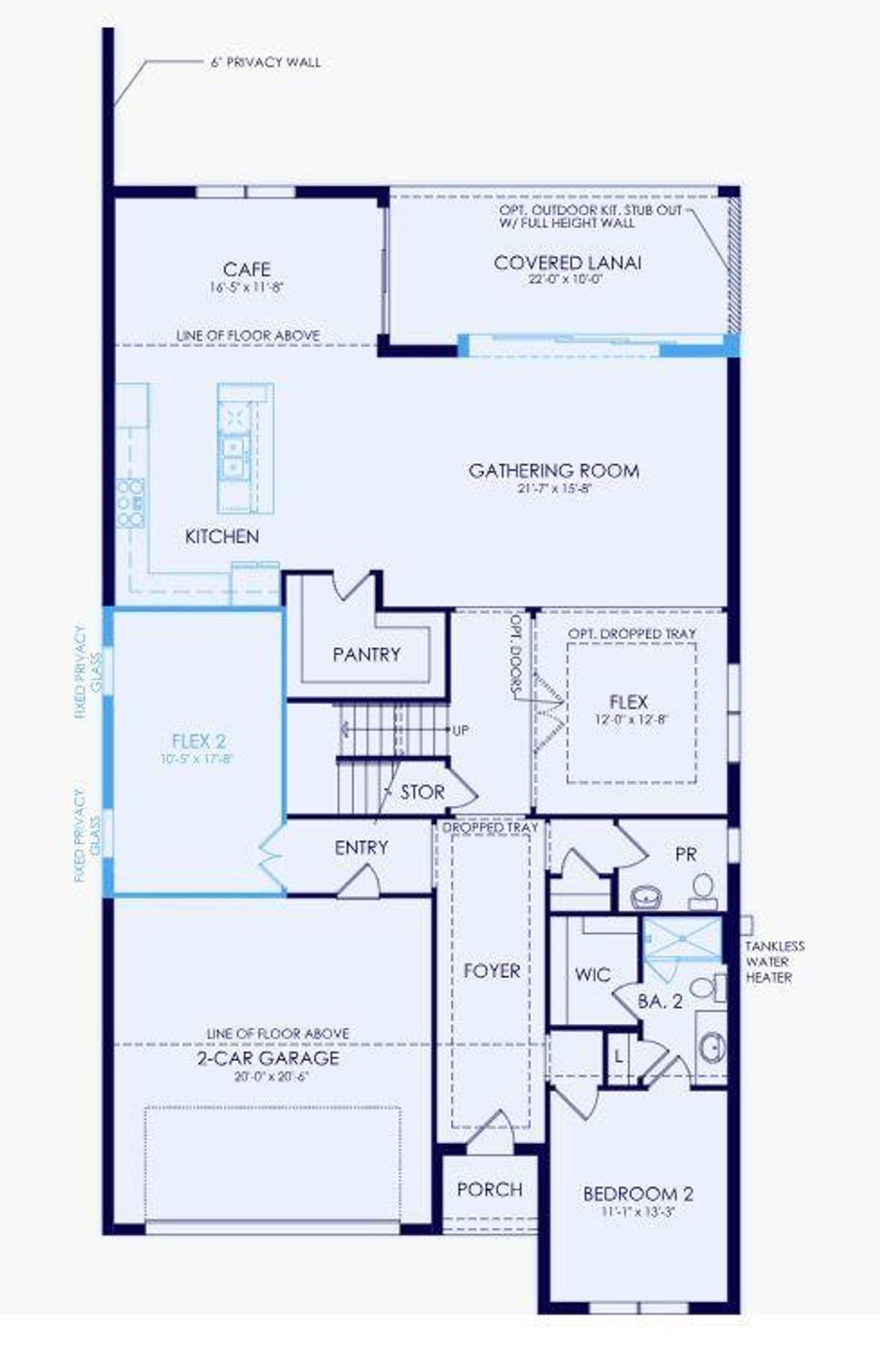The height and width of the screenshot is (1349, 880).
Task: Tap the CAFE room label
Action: [247, 270]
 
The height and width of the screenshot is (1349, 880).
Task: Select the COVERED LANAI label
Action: [567, 263]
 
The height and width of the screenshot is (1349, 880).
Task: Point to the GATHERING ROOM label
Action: [553, 471]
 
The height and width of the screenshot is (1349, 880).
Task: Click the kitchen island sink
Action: [233, 456]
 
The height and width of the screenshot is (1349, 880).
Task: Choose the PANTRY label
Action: [366, 655]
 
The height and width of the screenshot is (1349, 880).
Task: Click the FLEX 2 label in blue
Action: [199, 741]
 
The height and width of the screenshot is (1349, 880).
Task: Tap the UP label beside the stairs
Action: [461, 730]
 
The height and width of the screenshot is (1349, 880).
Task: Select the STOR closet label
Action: [422, 792]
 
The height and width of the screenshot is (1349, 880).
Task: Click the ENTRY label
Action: [361, 848]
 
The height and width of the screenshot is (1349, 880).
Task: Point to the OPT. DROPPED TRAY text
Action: [632, 633]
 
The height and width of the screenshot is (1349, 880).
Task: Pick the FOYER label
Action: [492, 971]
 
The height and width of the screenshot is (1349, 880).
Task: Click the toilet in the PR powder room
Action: [704, 888]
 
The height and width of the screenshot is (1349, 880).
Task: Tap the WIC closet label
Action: [592, 974]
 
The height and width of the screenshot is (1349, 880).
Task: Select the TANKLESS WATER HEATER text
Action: [774, 961]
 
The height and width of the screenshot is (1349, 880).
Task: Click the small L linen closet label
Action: [618, 1056]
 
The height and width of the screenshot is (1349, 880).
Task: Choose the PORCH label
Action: [489, 1190]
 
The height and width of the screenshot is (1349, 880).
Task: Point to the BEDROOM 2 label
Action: [638, 1194]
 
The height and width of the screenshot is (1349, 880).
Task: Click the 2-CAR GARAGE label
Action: [268, 1059]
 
